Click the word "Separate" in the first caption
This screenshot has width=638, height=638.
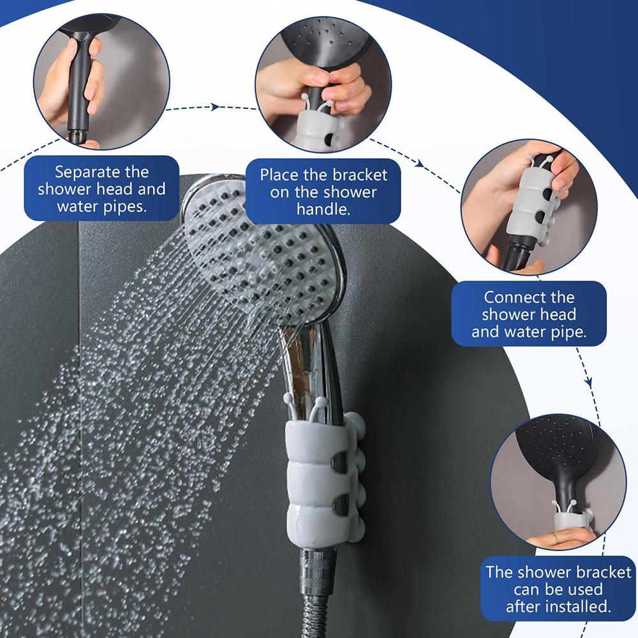82,172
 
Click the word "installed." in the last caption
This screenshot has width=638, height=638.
578,607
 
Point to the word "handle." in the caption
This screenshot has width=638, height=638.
323,209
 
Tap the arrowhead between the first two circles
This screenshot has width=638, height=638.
215,107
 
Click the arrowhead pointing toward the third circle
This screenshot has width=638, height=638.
419,163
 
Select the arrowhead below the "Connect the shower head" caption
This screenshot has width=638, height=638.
588,382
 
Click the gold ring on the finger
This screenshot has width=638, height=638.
553,537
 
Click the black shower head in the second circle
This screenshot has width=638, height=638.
325,45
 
